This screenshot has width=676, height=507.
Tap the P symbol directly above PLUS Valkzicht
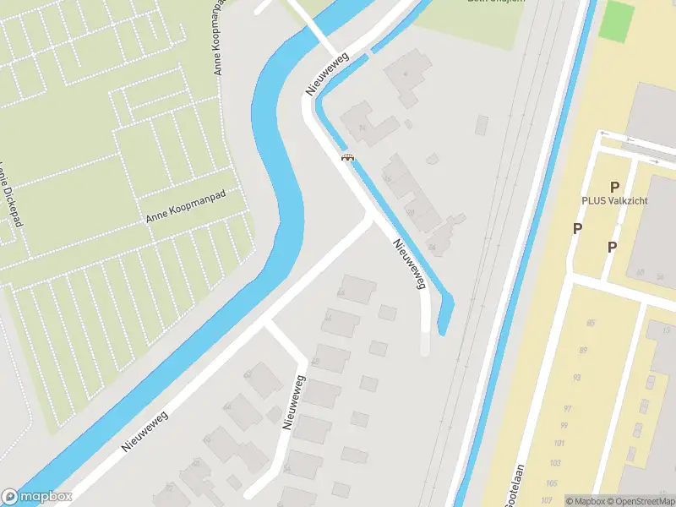pos(614,187)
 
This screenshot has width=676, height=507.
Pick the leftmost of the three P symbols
pos(577,228)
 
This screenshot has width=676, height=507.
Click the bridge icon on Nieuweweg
pos(346,156)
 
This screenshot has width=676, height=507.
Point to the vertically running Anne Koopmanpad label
pos(221,38)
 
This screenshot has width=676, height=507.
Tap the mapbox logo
pos(36,497)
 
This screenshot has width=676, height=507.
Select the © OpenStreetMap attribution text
pos(642,501)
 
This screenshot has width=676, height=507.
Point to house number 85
pos(590,324)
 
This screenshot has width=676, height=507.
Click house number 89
pos(583,350)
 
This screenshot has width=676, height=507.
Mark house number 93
pos(576,377)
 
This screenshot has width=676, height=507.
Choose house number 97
pos(568,409)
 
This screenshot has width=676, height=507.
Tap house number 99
pos(564,426)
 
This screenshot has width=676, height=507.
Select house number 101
pos(559,444)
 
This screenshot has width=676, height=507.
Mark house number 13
pos(666,329)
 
